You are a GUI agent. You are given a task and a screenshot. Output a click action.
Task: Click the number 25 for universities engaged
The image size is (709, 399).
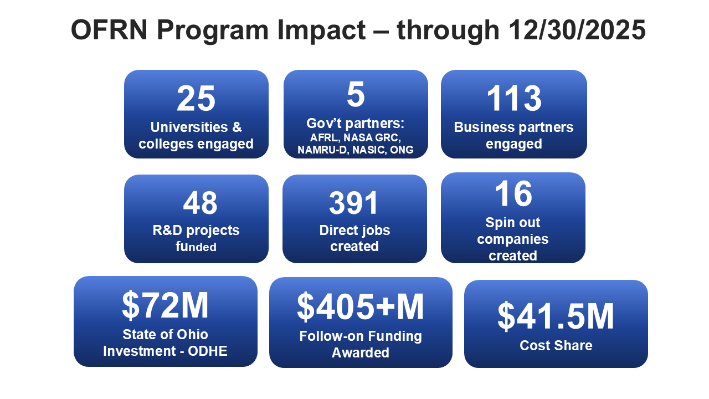[x=196, y=99]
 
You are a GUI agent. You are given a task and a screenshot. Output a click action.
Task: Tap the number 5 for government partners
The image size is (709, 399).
[x=356, y=95]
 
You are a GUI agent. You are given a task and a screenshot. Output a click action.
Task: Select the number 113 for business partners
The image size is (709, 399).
[x=514, y=99]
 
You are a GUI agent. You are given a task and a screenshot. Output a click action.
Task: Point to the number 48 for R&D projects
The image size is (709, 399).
[x=200, y=203]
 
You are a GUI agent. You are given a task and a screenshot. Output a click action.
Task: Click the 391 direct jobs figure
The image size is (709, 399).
[x=354, y=203]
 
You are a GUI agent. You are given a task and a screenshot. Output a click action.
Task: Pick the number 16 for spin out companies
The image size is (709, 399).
[x=513, y=195]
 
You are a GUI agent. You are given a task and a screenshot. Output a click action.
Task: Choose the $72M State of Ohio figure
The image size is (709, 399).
[x=165, y=305]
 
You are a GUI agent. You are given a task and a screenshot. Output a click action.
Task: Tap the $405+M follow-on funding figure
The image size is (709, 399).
[x=361, y=306]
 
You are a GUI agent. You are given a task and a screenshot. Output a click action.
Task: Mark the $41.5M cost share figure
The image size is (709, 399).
[x=556, y=316]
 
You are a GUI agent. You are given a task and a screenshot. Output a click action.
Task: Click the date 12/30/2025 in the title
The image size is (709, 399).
[x=576, y=30]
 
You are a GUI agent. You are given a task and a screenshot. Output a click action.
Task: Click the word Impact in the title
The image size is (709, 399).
[x=320, y=30]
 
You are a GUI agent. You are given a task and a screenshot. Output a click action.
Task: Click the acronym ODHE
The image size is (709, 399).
[x=208, y=351]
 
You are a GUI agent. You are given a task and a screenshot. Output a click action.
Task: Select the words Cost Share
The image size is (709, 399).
[x=556, y=346]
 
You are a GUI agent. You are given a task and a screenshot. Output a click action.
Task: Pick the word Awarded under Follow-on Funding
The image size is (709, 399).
[x=361, y=352]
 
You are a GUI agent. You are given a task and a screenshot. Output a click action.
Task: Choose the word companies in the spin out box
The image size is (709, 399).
[x=513, y=239]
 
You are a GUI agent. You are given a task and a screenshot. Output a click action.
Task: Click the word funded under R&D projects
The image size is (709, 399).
[x=196, y=247]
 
